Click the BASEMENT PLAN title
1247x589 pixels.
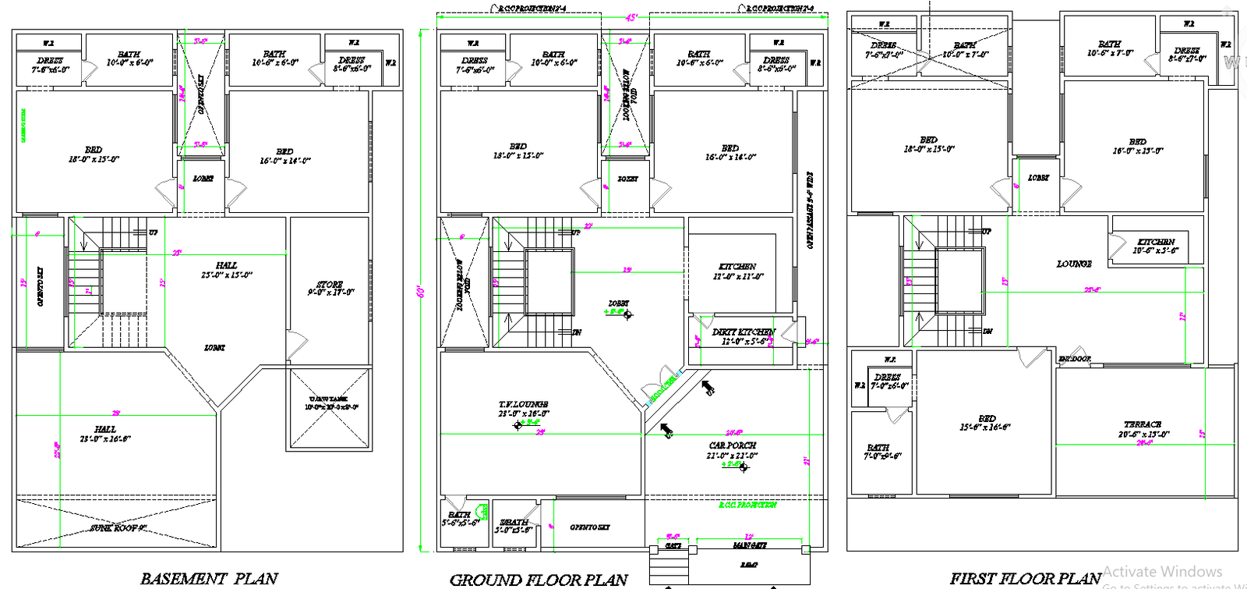(x=208, y=579)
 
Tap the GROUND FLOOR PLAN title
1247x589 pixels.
(x=539, y=580)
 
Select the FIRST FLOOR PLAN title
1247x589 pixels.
(x=1025, y=579)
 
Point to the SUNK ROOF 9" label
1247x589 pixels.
(x=118, y=528)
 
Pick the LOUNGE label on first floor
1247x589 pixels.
(x=1074, y=264)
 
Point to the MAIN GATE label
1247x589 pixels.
(x=749, y=545)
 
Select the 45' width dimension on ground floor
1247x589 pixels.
(x=631, y=17)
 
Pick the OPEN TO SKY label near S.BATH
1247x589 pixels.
(x=589, y=527)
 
